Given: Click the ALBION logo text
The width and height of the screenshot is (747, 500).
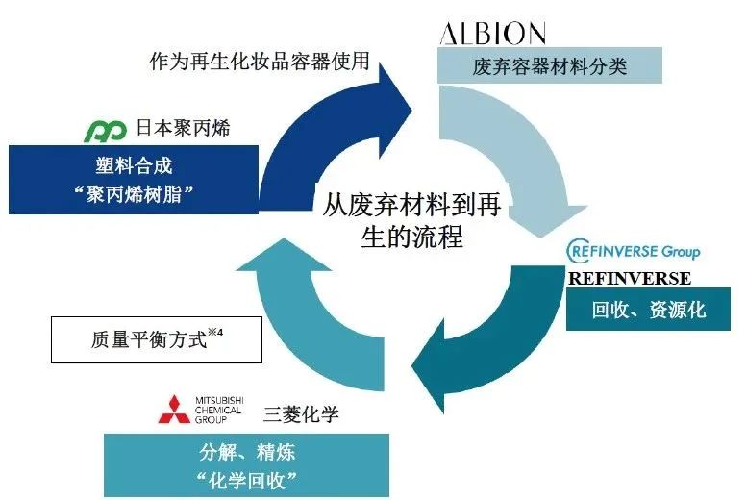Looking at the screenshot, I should tap(492, 35).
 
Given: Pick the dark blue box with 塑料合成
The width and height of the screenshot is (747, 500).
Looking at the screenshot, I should tap(134, 178).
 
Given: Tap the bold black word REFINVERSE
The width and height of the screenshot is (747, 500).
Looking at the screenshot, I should tap(629, 279).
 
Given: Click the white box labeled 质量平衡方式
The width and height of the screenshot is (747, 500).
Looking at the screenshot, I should tap(151, 339).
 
